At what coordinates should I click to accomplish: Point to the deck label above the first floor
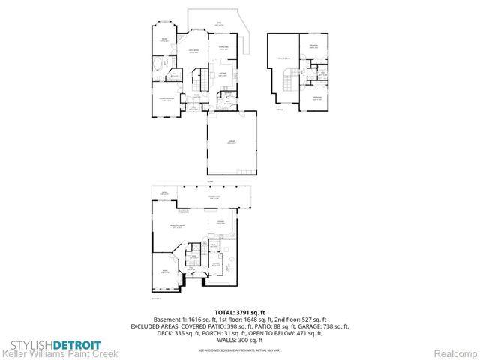coord(218,24)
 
